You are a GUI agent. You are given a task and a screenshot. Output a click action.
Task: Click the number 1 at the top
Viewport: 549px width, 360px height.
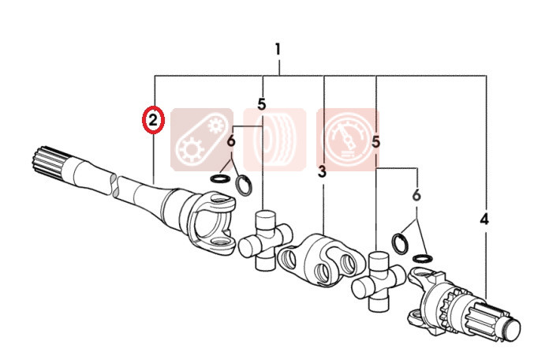pyautogui.click(x=278, y=50)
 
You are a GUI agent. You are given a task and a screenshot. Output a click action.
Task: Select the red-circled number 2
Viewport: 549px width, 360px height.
pyautogui.click(x=153, y=120)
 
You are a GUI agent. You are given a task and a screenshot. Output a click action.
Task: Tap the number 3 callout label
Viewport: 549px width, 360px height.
pyautogui.click(x=322, y=171)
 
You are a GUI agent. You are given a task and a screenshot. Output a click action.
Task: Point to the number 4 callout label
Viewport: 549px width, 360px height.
pyautogui.click(x=484, y=219)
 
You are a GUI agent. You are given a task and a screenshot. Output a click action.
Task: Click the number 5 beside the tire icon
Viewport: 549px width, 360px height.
pyautogui.click(x=262, y=103)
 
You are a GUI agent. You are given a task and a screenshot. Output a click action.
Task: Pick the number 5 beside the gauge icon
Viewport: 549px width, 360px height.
pyautogui.click(x=375, y=142)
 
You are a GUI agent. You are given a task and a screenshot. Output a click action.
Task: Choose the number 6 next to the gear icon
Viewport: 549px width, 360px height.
pyautogui.click(x=231, y=141)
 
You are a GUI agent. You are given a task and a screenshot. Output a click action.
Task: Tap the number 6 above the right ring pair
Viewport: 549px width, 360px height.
pyautogui.click(x=416, y=195)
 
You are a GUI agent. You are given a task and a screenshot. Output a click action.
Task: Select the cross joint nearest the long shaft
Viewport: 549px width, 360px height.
pyautogui.click(x=265, y=240)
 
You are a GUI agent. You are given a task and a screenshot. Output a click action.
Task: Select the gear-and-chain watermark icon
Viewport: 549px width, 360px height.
pyautogui.click(x=202, y=140)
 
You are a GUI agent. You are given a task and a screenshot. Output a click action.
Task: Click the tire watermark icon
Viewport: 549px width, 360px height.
pyautogui.click(x=274, y=140)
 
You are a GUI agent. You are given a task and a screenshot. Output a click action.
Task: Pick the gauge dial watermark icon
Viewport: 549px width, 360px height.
pyautogui.click(x=348, y=140)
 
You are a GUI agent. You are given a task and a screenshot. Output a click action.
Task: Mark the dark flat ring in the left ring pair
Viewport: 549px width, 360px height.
pyautogui.click(x=220, y=178)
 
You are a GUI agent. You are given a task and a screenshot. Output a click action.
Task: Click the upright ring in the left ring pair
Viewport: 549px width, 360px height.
pyautogui.click(x=244, y=186)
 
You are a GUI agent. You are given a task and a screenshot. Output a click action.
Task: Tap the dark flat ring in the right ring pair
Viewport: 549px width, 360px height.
pyautogui.click(x=422, y=259)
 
